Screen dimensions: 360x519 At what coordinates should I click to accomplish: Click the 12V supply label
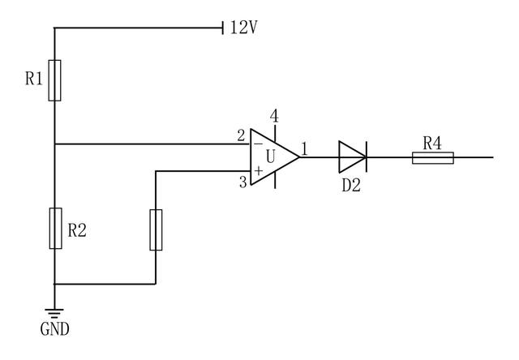[x=243, y=28]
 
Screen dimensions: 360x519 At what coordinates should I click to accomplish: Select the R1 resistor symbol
[x=54, y=79]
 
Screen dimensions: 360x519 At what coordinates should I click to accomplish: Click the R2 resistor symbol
[x=54, y=229]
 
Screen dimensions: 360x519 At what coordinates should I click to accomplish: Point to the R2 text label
[x=77, y=230]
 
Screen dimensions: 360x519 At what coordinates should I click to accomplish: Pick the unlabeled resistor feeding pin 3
[x=156, y=229]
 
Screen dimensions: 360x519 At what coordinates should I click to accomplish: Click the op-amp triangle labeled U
[x=272, y=156]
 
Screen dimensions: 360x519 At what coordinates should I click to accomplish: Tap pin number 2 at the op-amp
[x=241, y=135]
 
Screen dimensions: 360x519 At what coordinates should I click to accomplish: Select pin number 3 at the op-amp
[x=241, y=182]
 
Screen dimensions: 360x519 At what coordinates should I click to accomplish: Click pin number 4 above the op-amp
[x=274, y=116]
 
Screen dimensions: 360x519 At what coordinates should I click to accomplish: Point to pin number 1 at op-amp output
[x=305, y=148]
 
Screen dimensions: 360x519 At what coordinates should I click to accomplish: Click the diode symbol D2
[x=353, y=156]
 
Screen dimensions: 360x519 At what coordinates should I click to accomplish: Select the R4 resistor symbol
[x=432, y=156]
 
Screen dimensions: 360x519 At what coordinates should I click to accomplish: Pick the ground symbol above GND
[x=54, y=312]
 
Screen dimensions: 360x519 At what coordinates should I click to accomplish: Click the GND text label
[x=54, y=329]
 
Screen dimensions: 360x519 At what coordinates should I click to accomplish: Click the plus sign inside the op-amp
[x=258, y=171]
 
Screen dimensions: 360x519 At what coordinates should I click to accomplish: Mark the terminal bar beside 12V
[x=222, y=28]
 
